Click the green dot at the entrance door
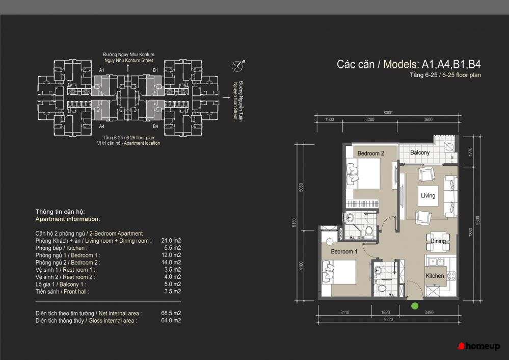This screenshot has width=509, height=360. (415, 306)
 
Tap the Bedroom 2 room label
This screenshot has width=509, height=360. (371, 153)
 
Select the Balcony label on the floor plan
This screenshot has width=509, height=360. (420, 152)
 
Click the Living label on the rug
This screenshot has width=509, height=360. (428, 196)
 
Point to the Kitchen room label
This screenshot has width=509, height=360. (435, 276)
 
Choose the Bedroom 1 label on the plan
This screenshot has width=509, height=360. (344, 251)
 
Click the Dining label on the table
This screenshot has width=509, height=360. (438, 241)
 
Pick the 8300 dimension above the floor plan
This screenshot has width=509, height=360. (388, 112)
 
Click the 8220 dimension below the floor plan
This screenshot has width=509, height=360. (388, 319)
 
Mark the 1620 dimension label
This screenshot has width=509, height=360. (385, 312)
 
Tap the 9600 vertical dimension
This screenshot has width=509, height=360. (477, 220)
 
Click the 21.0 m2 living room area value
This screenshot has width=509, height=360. (171, 241)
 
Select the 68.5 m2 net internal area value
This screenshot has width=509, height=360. (171, 313)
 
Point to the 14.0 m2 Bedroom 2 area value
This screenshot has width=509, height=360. (171, 262)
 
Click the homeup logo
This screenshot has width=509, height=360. (478, 346)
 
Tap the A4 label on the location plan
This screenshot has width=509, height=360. (101, 126)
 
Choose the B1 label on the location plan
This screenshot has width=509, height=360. (155, 70)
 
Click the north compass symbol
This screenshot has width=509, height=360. (238, 66)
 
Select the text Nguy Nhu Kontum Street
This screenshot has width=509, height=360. (128, 61)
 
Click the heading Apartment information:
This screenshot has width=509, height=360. (68, 219)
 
